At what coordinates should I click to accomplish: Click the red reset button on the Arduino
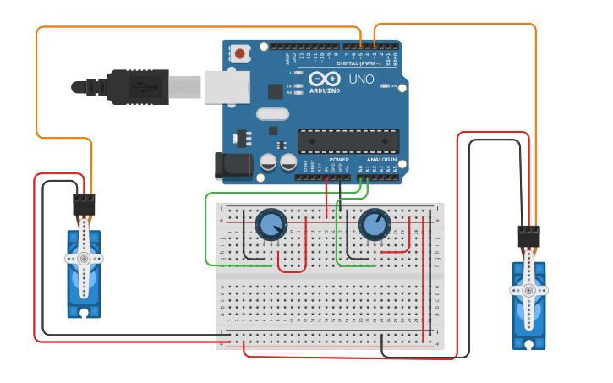pyautogui.click(x=241, y=54)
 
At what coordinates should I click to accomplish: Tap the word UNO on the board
pyautogui.click(x=361, y=79)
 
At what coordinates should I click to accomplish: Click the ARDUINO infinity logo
pyautogui.click(x=325, y=78)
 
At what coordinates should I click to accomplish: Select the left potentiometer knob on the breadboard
pyautogui.click(x=271, y=225)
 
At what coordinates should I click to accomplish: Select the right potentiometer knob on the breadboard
pyautogui.click(x=374, y=225)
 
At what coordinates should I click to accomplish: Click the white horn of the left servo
pyautogui.click(x=84, y=259)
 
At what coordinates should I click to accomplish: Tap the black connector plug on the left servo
pyautogui.click(x=84, y=204)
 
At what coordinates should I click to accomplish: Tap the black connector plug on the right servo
pyautogui.click(x=528, y=235)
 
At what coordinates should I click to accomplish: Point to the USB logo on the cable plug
pyautogui.click(x=146, y=86)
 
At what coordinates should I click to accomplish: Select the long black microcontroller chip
pyautogui.click(x=348, y=141)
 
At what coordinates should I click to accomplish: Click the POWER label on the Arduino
pyautogui.click(x=339, y=159)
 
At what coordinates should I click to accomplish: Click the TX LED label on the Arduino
pyautogui.click(x=289, y=86)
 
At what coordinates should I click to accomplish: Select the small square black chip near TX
pyautogui.click(x=275, y=91)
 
